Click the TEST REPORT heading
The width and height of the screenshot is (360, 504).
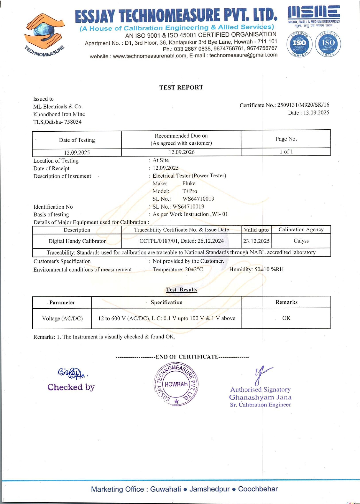click(181, 87)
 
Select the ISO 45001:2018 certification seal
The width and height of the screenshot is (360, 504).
click(328, 44)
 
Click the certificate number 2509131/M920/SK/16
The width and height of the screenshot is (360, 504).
click(303, 105)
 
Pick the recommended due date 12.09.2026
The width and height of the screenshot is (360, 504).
click(181, 152)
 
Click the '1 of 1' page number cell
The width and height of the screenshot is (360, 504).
click(286, 152)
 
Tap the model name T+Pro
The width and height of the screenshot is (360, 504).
click(190, 191)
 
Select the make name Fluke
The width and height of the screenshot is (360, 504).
click(189, 184)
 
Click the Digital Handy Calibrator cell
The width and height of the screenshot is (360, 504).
click(77, 241)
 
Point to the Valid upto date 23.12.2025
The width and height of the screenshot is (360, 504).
click(256, 241)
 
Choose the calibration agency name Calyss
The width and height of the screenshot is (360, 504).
click(301, 241)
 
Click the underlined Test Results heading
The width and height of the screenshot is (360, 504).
click(182, 290)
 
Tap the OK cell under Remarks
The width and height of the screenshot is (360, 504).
click(286, 318)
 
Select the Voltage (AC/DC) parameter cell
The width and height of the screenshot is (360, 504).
click(62, 318)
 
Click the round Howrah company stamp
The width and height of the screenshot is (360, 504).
click(176, 384)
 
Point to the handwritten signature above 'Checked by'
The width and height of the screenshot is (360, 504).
click(71, 373)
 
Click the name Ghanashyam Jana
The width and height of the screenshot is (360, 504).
click(260, 397)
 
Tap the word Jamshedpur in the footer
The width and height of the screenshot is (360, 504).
click(209, 489)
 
